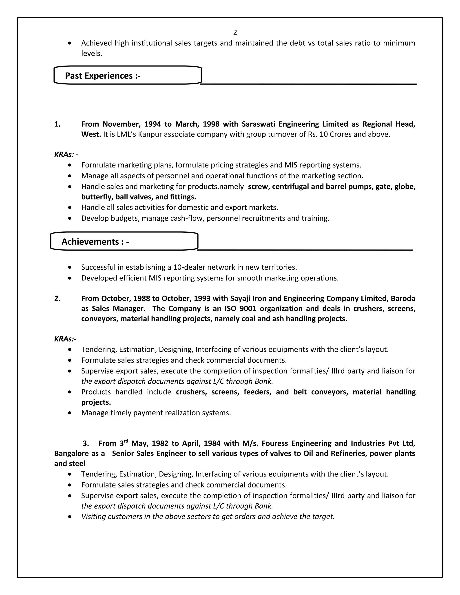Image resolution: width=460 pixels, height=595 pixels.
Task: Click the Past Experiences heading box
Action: click(128, 75)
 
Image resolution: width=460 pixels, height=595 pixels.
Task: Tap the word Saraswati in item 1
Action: click(257, 124)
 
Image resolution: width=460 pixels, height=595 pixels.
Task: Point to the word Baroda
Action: click(403, 299)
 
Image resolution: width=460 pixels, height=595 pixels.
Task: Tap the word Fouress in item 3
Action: click(275, 443)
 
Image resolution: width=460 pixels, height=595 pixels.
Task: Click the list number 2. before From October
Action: click(57, 299)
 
